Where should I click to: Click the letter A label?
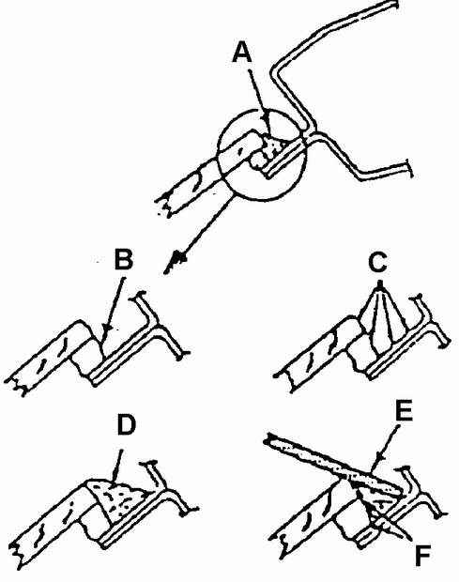[242, 52]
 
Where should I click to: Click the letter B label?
[124, 259]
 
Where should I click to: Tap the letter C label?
[377, 262]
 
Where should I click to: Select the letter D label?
[127, 426]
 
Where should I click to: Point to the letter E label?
[404, 411]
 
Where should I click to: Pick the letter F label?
[421, 556]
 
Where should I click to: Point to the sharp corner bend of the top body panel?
[275, 69]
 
